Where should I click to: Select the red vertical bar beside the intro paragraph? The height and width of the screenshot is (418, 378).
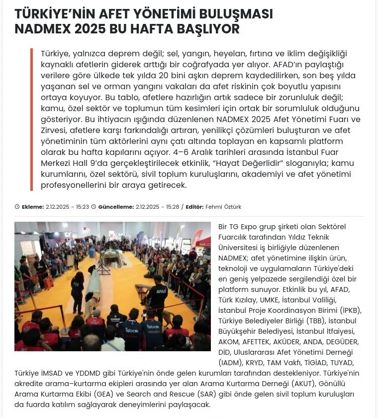(x=31, y=120)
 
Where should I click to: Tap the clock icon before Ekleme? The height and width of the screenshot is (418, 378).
(x=17, y=207)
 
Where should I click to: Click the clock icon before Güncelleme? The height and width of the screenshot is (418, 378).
(x=94, y=207)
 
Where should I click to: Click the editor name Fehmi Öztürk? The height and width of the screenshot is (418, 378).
(x=223, y=207)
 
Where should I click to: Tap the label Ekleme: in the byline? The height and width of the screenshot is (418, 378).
(x=33, y=207)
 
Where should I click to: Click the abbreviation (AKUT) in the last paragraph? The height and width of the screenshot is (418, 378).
(x=304, y=383)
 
